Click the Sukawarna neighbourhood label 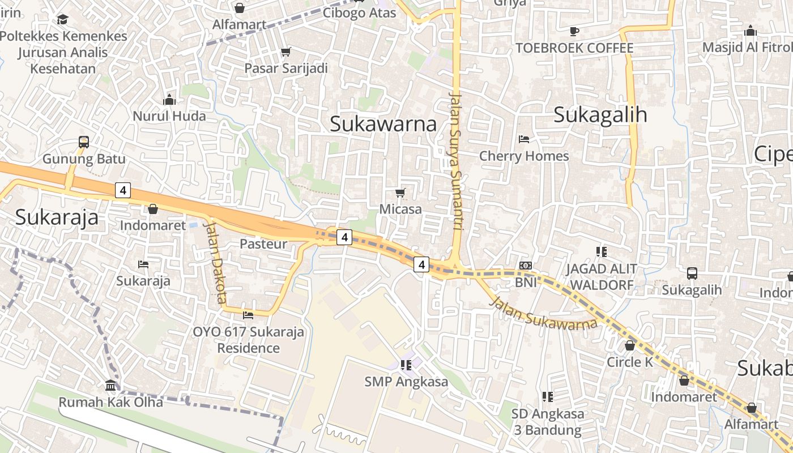(x=383, y=124)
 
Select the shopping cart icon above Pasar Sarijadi (x=286, y=52)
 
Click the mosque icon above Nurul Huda (x=169, y=100)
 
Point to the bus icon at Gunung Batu (x=84, y=142)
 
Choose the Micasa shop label (x=400, y=209)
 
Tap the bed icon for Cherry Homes (x=524, y=139)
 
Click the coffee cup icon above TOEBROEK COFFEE (x=574, y=31)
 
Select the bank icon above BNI (x=526, y=266)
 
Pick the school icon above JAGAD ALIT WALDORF (x=601, y=251)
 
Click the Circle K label (x=630, y=362)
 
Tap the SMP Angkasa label (x=406, y=382)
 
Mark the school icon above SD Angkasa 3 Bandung (x=547, y=396)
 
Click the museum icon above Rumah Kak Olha (x=110, y=386)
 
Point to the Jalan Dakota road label (x=215, y=261)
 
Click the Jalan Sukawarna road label (x=543, y=312)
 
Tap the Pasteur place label (x=263, y=244)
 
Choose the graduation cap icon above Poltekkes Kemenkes (x=62, y=20)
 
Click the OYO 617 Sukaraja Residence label (x=249, y=340)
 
